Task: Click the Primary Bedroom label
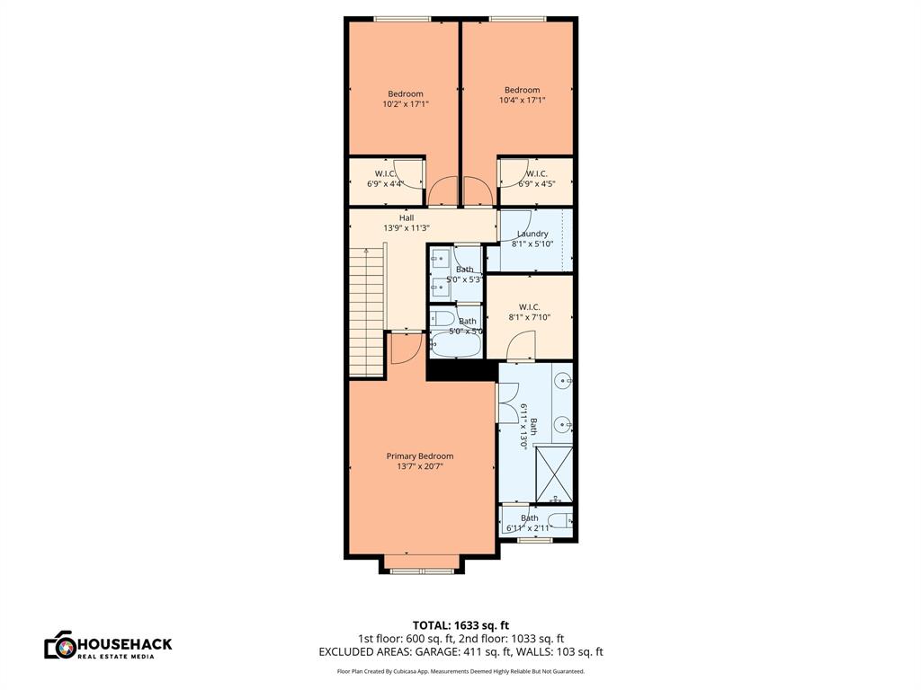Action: tap(419, 456)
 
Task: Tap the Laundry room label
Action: tap(532, 234)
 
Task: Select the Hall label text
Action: tap(407, 217)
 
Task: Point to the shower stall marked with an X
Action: tap(553, 474)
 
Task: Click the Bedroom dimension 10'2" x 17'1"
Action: tap(406, 104)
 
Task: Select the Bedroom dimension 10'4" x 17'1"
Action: tap(522, 101)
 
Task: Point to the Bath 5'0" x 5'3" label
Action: tap(464, 274)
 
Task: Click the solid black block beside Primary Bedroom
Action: tap(460, 370)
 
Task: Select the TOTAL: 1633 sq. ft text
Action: tap(460, 625)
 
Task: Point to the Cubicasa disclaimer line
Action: tap(460, 671)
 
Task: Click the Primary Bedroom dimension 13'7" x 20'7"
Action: tap(419, 466)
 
